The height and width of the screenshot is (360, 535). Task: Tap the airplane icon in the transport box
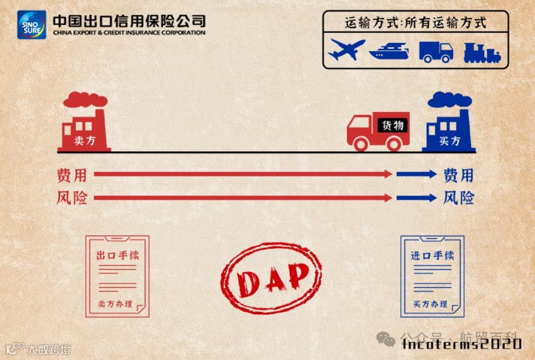(x=347, y=50)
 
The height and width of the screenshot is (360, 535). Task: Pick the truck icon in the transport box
(x=436, y=51)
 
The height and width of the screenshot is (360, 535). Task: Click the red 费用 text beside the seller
(x=71, y=175)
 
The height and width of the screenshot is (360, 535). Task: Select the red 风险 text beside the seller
(x=71, y=198)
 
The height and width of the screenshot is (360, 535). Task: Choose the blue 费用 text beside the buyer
(x=458, y=175)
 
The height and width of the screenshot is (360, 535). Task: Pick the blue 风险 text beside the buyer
(x=458, y=198)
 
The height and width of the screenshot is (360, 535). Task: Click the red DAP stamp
(x=274, y=278)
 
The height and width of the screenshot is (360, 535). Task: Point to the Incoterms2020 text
(x=461, y=343)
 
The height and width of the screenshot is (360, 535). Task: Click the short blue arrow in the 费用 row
(x=416, y=174)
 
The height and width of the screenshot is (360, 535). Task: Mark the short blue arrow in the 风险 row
(x=416, y=198)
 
